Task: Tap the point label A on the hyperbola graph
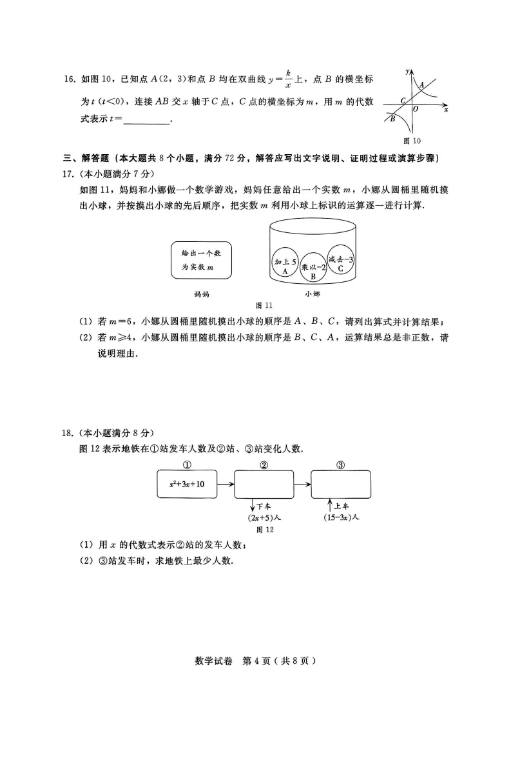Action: [x=421, y=85]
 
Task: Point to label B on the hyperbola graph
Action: [x=392, y=118]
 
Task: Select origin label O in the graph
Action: [x=416, y=109]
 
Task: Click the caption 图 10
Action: [x=412, y=140]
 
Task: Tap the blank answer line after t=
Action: [x=146, y=121]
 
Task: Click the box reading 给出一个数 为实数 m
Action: [x=201, y=261]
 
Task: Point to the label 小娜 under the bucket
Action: [x=313, y=294]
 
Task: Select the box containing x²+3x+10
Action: [x=187, y=484]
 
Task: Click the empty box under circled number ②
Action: [x=264, y=484]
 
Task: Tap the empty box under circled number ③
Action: [x=340, y=484]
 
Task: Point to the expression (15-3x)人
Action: [x=340, y=517]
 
